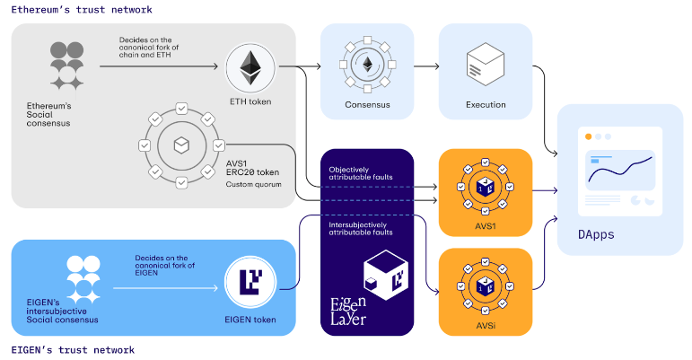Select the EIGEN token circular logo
click(250, 284)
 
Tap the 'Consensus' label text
click(367, 105)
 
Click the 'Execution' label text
click(486, 105)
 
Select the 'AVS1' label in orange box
click(486, 225)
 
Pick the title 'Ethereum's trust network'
click(82, 9)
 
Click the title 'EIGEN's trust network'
click(73, 349)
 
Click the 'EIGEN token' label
click(250, 319)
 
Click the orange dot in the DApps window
click(588, 136)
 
